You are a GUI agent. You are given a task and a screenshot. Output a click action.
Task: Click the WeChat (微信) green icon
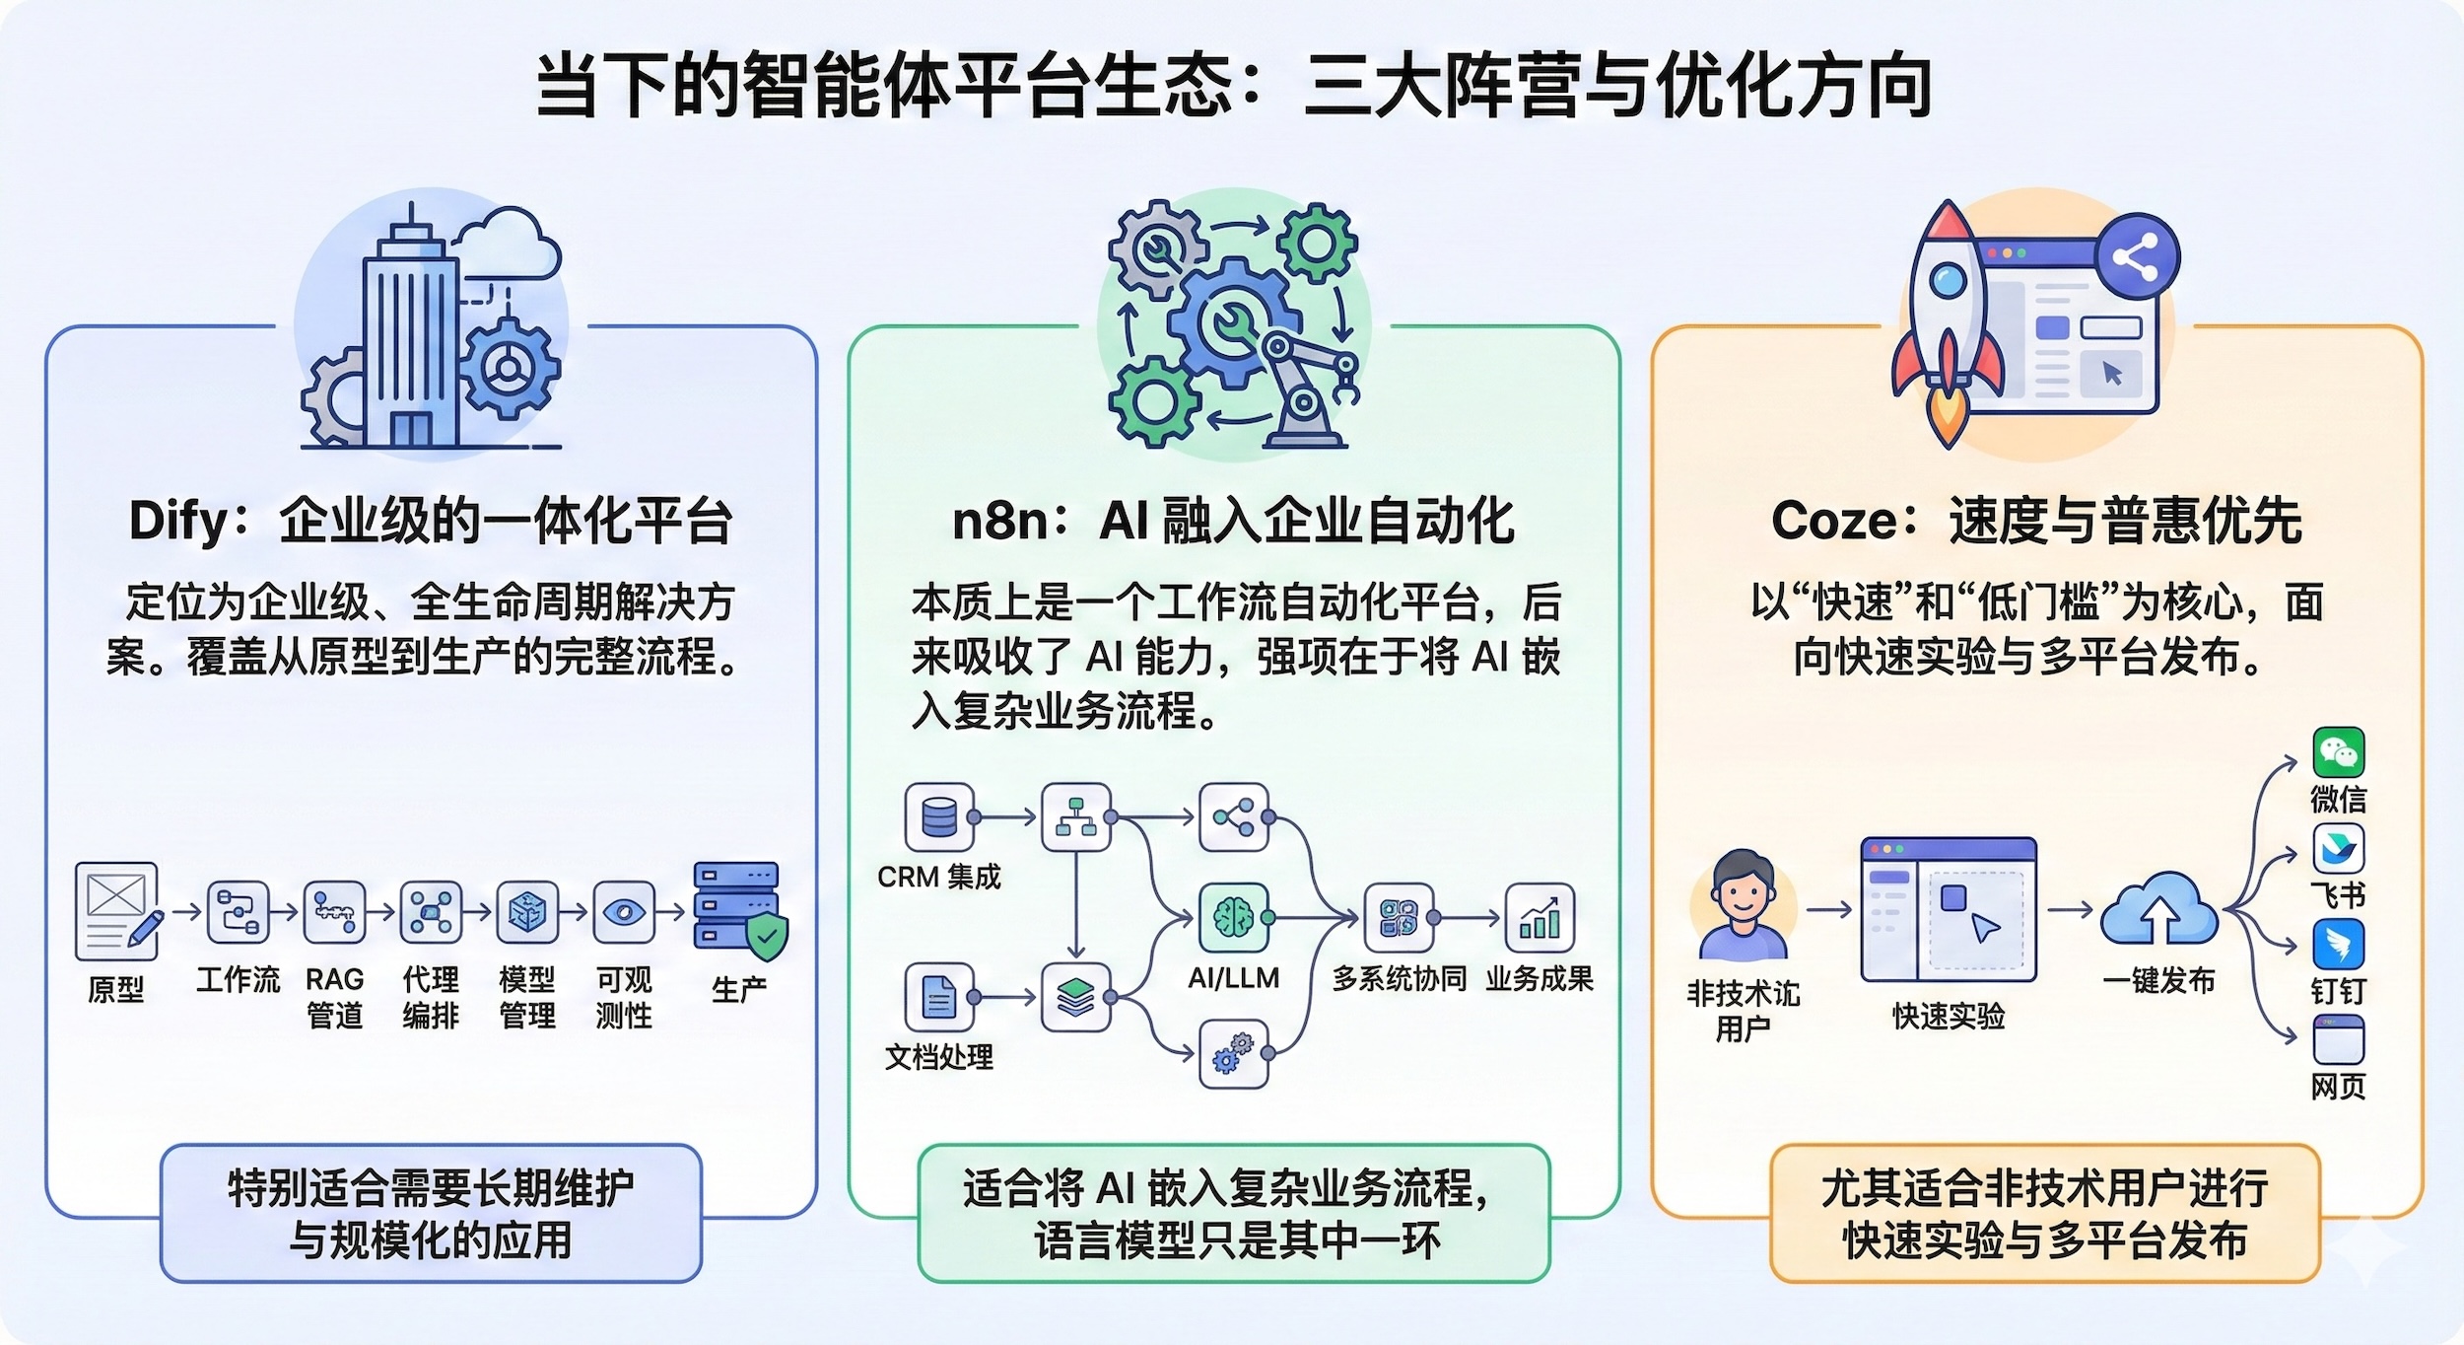coord(2338,753)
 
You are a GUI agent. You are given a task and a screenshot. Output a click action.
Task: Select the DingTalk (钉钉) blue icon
coord(2338,945)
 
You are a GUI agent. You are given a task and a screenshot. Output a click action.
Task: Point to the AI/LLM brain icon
coord(1233,917)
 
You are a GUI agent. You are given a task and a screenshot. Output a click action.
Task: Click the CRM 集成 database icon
coord(939,816)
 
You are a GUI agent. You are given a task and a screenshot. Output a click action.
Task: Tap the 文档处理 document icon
coord(939,997)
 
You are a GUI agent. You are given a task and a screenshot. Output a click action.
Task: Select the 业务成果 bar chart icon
coord(1539,917)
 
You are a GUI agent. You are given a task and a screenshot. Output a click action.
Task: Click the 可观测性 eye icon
coord(624,912)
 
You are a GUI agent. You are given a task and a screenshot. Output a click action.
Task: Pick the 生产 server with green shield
coord(740,910)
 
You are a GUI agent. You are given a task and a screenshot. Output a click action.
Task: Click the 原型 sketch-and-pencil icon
coord(117,910)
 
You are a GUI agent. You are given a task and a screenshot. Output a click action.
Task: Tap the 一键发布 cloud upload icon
coord(2158,911)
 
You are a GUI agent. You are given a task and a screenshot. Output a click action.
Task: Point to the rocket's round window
coord(1947,282)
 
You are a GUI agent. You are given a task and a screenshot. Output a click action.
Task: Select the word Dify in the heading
coord(178,522)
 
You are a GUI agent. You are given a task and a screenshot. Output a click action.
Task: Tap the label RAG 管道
coord(334,997)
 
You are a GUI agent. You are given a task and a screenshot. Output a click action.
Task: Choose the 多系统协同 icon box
coord(1399,917)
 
